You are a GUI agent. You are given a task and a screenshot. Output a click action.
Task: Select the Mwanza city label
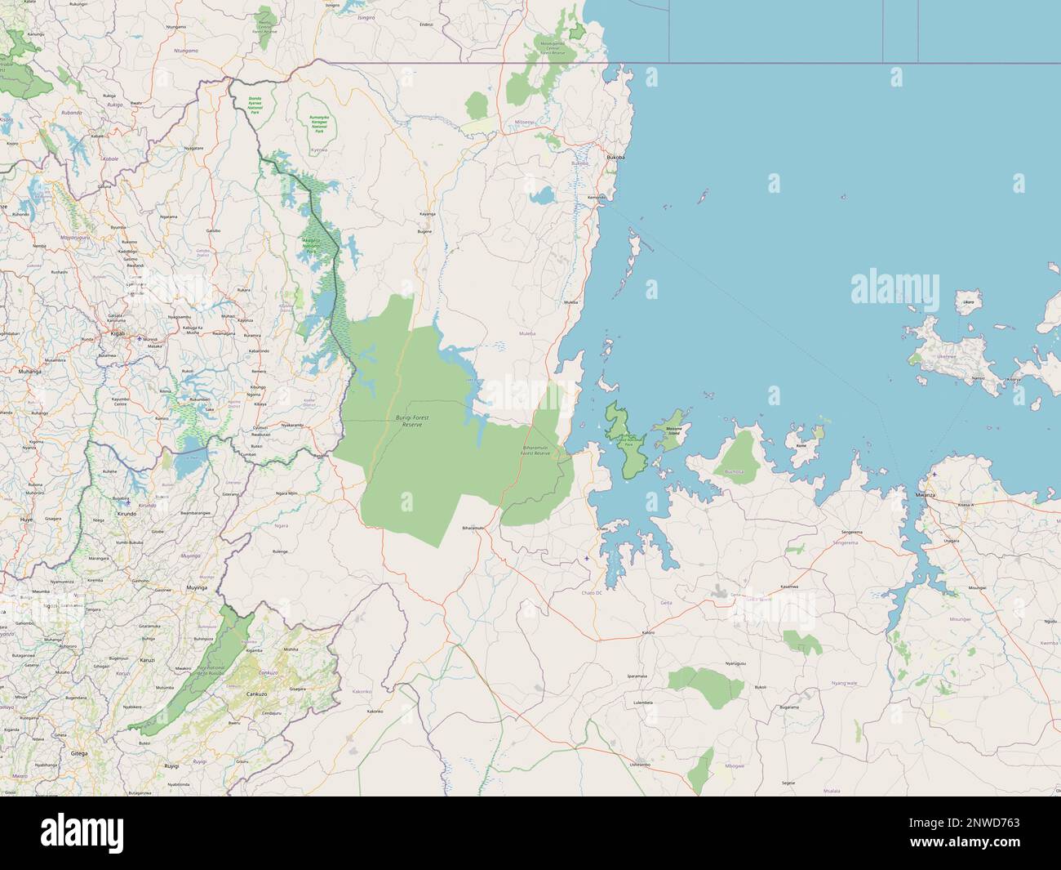tap(925, 495)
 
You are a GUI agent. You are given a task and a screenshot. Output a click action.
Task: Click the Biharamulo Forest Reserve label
tap(536, 450)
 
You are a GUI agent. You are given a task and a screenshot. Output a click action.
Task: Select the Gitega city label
tap(79, 753)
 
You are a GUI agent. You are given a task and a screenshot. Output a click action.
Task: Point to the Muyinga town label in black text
tap(197, 587)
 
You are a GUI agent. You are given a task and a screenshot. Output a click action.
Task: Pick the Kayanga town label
tap(427, 213)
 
